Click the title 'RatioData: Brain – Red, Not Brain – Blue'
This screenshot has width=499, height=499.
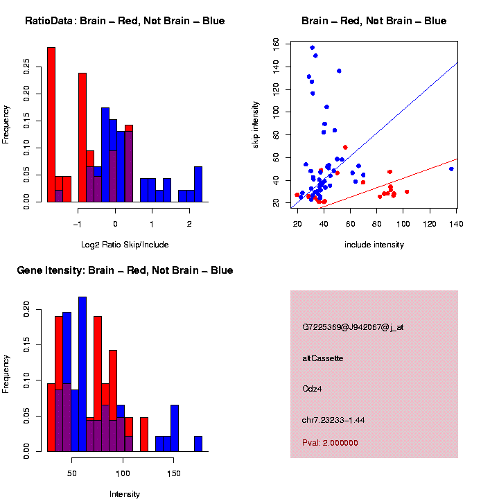coord(125,21)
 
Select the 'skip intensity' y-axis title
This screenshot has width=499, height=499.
coord(256,123)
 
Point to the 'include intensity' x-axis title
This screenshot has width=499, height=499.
coord(374,244)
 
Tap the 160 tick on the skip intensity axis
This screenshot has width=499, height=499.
coord(277,43)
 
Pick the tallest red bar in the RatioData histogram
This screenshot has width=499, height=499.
coord(51,125)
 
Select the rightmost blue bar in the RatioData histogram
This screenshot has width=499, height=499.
coord(198,184)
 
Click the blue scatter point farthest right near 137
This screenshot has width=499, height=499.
coord(451,168)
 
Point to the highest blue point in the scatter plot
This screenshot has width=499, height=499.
coord(312,48)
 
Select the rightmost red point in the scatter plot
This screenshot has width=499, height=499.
coord(407,192)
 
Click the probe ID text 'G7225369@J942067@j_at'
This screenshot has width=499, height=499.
coord(352,327)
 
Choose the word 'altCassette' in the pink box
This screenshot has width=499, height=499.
coord(322,358)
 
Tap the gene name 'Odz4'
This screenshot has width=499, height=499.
coord(312,388)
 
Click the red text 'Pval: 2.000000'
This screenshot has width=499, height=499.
coord(330,442)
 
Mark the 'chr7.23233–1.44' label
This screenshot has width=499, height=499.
coord(333,420)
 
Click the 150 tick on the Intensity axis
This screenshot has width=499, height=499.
coord(174,473)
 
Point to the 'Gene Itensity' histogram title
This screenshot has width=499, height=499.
coord(125,270)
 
